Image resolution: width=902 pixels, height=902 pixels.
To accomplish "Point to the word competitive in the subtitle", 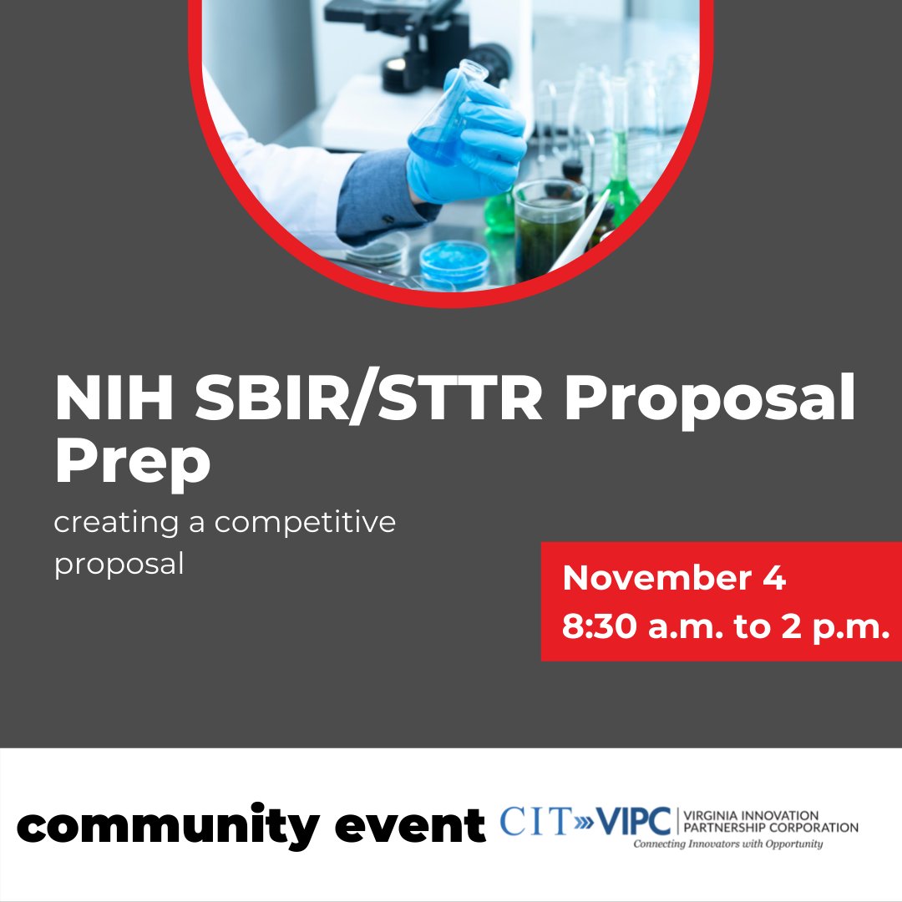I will pyautogui.click(x=305, y=523).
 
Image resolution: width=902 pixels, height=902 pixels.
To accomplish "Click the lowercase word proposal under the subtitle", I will pyautogui.click(x=119, y=564).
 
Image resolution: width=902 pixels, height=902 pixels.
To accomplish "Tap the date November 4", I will pyautogui.click(x=674, y=578).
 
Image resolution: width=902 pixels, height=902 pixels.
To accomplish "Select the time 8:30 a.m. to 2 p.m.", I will pyautogui.click(x=724, y=627).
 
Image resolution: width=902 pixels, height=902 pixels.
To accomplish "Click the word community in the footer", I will pyautogui.click(x=167, y=826).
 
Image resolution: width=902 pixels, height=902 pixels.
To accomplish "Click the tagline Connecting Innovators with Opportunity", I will pyautogui.click(x=727, y=844).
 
